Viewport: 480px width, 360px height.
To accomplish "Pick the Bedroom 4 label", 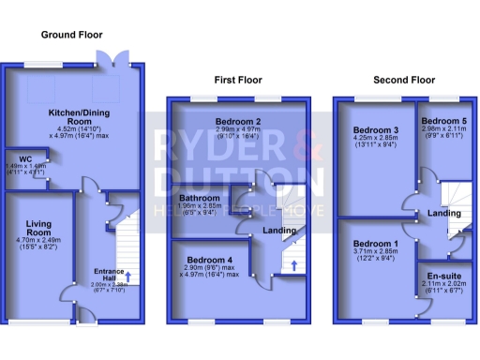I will (209, 260).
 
